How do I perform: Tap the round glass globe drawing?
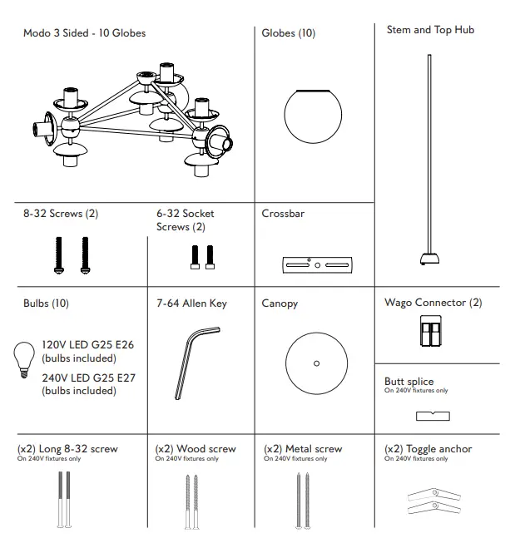314,116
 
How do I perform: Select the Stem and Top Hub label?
430,30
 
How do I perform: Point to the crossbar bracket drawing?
314,264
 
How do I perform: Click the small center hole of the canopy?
315,363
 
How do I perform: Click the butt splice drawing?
432,415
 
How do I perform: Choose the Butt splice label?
409,381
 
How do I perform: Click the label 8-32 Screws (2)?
60,214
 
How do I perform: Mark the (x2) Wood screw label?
196,449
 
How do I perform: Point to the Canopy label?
280,304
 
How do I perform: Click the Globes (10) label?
288,33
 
